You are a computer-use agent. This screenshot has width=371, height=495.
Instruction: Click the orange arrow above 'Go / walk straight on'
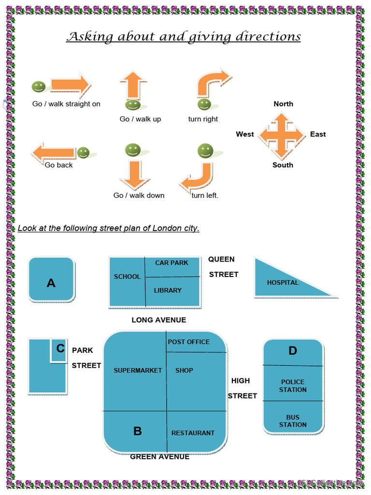pos(70,86)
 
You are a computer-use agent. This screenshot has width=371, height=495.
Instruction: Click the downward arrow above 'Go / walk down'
pos(135,175)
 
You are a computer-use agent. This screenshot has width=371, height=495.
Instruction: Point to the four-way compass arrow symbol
pos(282,135)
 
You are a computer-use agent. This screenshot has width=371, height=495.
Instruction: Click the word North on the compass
pos(283,104)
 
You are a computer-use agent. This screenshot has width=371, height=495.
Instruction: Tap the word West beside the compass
pos(245,134)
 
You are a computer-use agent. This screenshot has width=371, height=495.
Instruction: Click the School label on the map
pos(127,277)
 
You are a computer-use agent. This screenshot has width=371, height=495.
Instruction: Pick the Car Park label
pos(171,263)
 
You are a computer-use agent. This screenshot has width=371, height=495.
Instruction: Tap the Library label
pos(168,291)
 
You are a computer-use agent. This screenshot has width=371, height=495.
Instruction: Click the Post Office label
pos(188,342)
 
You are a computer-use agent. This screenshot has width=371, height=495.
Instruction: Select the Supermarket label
pos(138,371)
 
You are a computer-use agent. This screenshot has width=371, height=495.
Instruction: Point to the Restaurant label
pos(193,433)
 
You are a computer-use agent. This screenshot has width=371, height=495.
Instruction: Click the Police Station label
pos(293,386)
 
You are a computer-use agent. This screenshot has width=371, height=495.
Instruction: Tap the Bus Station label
pos(293,421)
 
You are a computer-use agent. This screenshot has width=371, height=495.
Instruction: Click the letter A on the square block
pos(51,283)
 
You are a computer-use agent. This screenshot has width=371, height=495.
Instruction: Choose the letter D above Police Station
pos(293,351)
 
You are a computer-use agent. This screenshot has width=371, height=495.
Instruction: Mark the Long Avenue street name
pos(158,320)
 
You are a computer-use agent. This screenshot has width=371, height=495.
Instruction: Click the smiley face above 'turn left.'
pos(205,151)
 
